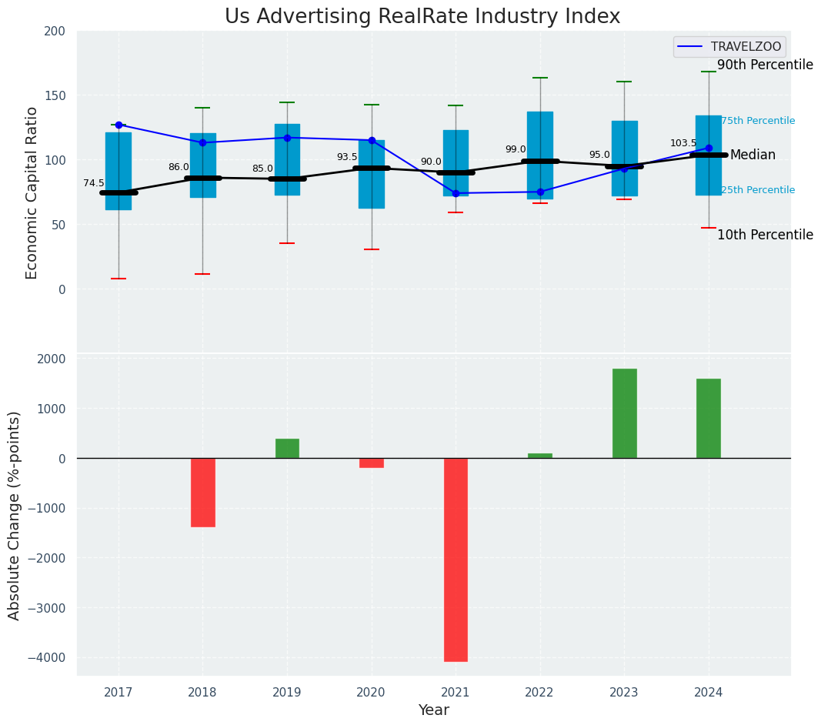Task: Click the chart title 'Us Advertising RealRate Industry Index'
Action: point(422,17)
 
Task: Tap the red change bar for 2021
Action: point(456,560)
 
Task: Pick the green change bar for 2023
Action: point(624,413)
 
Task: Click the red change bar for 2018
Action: point(202,493)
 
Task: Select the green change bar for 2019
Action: point(287,449)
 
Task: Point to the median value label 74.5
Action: point(94,183)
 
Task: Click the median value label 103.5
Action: point(683,143)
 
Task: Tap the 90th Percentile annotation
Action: point(765,65)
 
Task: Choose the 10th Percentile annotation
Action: point(765,236)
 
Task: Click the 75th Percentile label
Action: point(758,121)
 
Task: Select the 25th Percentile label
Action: point(758,190)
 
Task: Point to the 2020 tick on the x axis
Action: point(372,692)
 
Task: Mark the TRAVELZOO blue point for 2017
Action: point(118,125)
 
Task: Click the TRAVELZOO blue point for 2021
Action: point(456,193)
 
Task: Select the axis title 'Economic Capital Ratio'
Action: point(32,192)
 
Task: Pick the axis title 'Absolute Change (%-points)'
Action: point(15,515)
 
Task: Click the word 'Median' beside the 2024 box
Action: point(753,155)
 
